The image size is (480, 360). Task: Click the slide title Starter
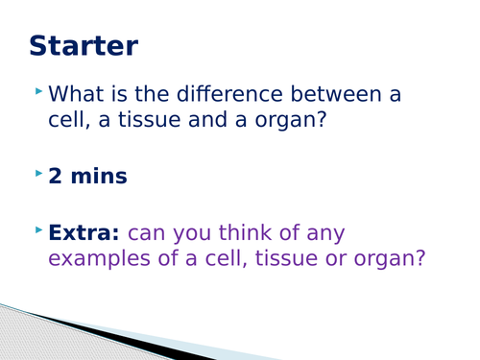point(84,45)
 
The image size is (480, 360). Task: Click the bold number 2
point(55,177)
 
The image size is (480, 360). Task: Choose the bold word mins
point(102,177)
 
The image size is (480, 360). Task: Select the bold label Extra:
point(84,232)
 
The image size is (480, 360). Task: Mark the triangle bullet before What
point(38,91)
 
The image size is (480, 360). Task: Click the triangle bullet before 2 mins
point(38,173)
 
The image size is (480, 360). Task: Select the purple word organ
point(394,260)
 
